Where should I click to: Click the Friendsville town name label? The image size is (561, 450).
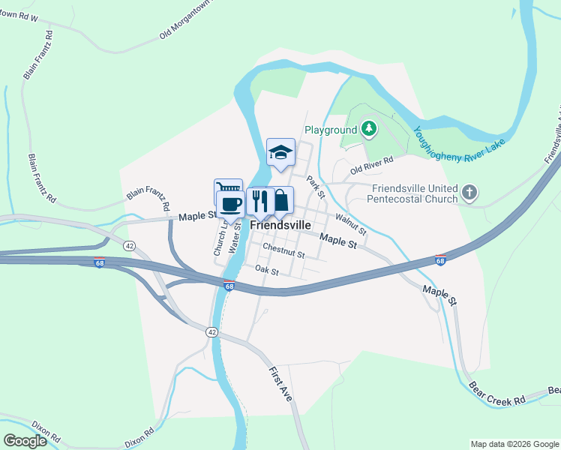tap(280, 224)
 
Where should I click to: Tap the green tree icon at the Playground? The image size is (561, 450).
tap(368, 130)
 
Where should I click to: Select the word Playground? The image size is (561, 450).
tap(330, 130)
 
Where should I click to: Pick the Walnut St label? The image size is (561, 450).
tap(350, 223)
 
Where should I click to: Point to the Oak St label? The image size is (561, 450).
tap(266, 269)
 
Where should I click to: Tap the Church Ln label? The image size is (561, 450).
tap(220, 239)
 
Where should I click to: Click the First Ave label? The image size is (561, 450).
tap(281, 384)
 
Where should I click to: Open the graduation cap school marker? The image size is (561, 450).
tap(280, 151)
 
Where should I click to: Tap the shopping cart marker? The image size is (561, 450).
tap(228, 189)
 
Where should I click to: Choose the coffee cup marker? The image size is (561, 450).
tap(230, 202)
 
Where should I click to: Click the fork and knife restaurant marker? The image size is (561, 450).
tap(259, 200)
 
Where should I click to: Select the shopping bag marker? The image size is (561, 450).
tap(280, 200)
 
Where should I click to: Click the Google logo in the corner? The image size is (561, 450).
tap(25, 441)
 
